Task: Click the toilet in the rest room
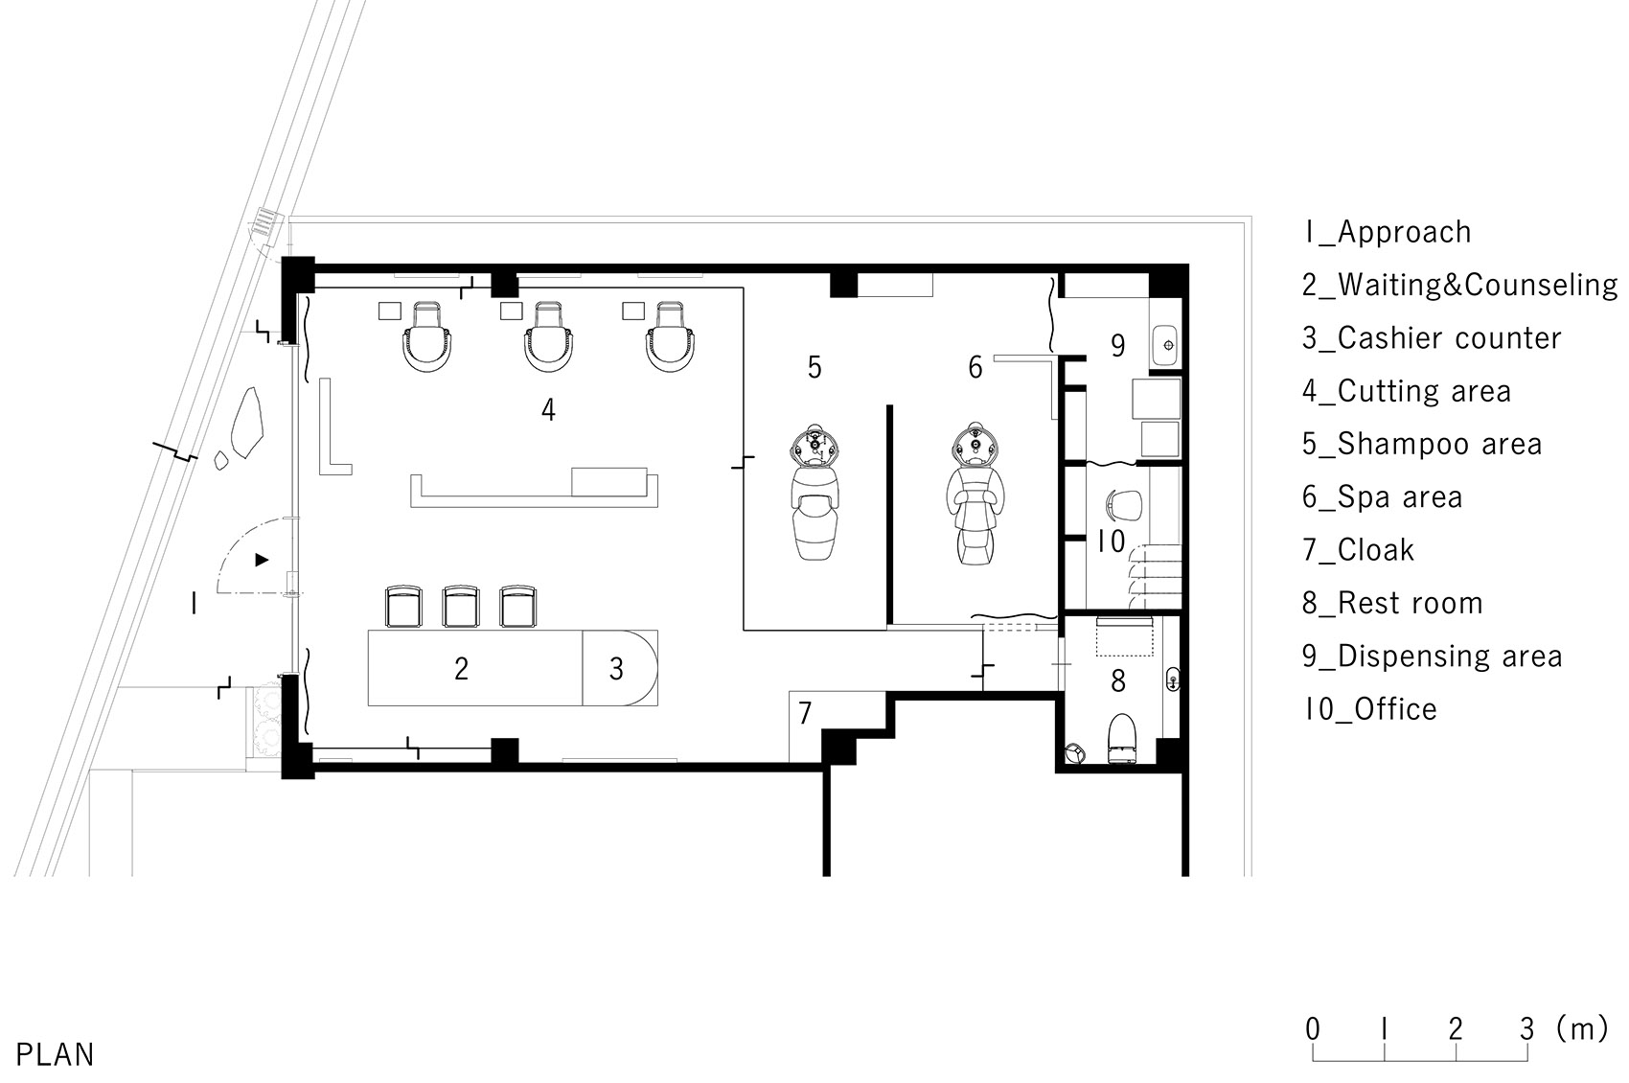[1121, 738]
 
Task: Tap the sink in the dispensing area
[1165, 345]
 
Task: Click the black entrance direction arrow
[262, 560]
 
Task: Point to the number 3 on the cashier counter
[616, 669]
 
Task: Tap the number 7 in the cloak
[804, 713]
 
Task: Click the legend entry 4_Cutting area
[1407, 391]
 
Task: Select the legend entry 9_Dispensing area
[1432, 657]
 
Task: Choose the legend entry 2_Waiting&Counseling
[1459, 285]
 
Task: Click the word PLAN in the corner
[56, 1054]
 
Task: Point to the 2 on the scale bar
[1456, 1029]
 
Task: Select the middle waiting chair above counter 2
[460, 606]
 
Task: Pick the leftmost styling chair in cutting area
[426, 336]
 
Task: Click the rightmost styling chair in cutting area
[670, 336]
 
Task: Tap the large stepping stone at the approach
[246, 423]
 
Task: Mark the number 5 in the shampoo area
[814, 367]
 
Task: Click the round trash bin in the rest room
[1075, 753]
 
